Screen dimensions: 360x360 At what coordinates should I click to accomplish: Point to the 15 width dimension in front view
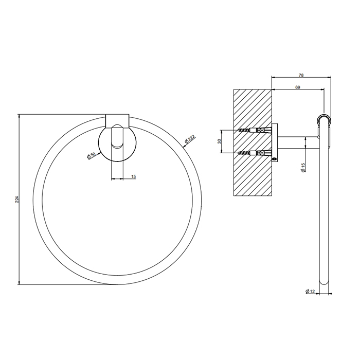tap(134, 176)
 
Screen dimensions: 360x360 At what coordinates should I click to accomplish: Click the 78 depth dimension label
tap(300, 75)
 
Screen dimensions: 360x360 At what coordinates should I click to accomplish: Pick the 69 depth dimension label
tap(298, 87)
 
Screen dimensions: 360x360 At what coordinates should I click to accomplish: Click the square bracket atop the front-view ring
tap(117, 119)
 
